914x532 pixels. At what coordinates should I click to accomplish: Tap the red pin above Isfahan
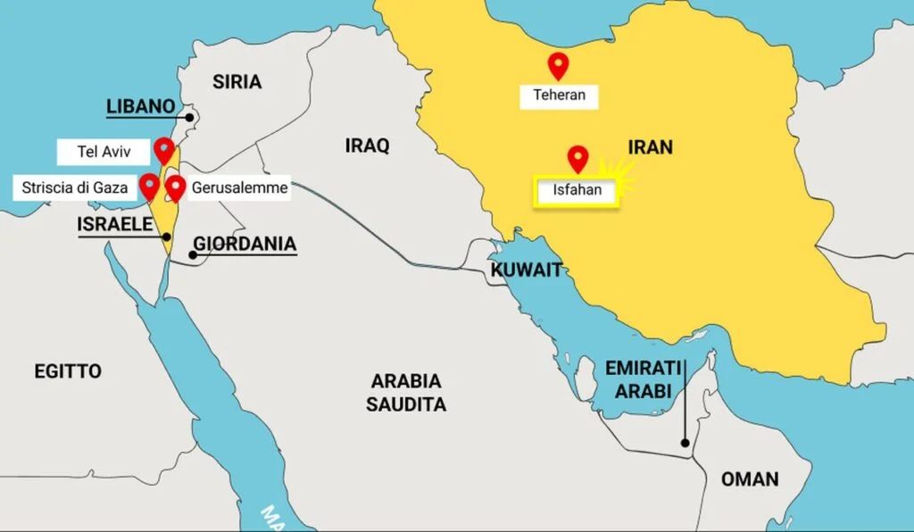click(578, 158)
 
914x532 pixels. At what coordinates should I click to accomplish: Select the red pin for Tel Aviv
click(163, 149)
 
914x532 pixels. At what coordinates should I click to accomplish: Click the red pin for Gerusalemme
click(176, 187)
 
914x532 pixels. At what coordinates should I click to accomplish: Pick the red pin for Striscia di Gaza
click(149, 186)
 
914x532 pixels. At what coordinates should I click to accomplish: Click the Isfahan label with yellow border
click(577, 190)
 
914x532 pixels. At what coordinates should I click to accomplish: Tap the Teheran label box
click(560, 96)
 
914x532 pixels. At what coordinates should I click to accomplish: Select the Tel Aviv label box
click(104, 152)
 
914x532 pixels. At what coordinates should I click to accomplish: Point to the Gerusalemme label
click(239, 188)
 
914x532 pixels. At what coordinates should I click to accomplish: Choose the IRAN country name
click(650, 147)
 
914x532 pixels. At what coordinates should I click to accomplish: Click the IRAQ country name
click(368, 145)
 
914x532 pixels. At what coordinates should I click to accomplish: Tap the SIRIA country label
click(237, 82)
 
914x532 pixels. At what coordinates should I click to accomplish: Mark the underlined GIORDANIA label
click(245, 244)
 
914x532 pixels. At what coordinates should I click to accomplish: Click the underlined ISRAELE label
click(114, 224)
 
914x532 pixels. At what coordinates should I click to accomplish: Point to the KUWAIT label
click(526, 270)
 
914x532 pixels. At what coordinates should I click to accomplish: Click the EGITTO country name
click(68, 371)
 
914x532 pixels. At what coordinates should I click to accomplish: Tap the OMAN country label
click(750, 479)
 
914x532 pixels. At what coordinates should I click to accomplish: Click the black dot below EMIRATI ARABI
click(685, 443)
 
